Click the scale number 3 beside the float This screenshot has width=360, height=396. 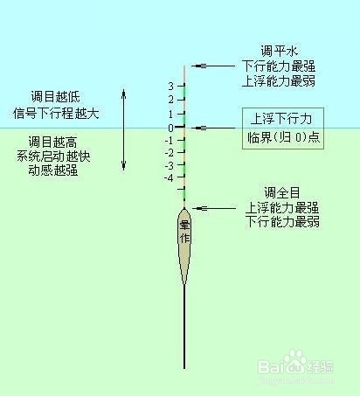pos(171,86)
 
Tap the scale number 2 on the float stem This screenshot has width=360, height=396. pos(171,100)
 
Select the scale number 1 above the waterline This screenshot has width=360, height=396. pos(171,114)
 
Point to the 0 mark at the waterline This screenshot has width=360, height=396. pos(171,128)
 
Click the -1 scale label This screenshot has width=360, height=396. pos(169,141)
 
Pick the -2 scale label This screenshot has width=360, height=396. pos(169,153)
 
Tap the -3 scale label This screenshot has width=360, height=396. pos(169,165)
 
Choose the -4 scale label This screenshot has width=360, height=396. pos(169,177)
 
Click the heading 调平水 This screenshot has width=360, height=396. pos(279,51)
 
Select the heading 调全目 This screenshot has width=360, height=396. pos(282,192)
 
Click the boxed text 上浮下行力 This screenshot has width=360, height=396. pos(281,119)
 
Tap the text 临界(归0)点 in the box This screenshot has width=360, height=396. pos(284,137)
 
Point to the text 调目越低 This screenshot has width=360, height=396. pos(56,96)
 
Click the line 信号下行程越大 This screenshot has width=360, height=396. pos(56,113)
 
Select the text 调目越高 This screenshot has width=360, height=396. pos(53,142)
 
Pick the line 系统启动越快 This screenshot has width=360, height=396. pos(53,156)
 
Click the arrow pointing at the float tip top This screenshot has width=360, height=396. pos(213,66)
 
